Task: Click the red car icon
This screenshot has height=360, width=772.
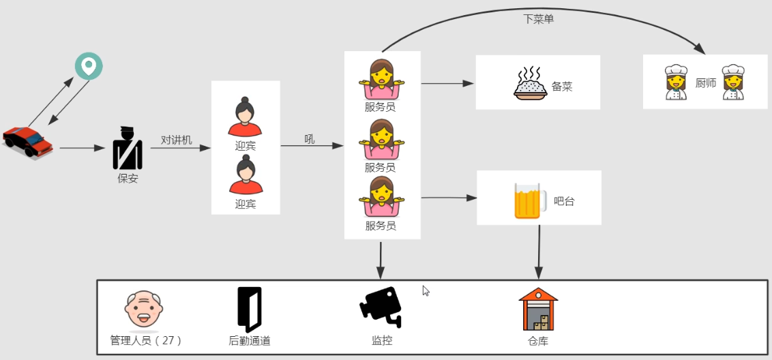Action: [x=28, y=141]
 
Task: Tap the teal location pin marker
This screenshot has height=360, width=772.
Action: [x=89, y=67]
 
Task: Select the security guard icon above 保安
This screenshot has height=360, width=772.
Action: [x=128, y=149]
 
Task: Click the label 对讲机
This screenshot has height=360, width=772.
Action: [x=177, y=140]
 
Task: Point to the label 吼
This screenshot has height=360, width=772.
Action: [x=310, y=139]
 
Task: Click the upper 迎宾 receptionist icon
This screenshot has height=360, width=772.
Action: [x=245, y=117]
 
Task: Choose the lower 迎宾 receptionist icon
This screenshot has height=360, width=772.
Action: [x=245, y=175]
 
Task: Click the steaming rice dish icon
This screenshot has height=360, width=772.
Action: [x=531, y=83]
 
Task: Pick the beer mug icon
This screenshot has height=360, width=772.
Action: [x=527, y=200]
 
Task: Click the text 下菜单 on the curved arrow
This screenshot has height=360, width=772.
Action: [x=539, y=19]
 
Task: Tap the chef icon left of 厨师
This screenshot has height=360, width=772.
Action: [x=675, y=82]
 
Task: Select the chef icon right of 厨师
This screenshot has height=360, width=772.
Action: [x=732, y=82]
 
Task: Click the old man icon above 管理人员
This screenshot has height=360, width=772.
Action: [x=144, y=310]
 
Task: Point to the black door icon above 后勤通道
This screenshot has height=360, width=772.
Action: [x=249, y=309]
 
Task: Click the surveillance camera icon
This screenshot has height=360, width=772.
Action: [x=381, y=307]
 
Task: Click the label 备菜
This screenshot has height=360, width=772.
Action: [x=562, y=87]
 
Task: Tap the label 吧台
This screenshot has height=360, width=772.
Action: [x=564, y=201]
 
